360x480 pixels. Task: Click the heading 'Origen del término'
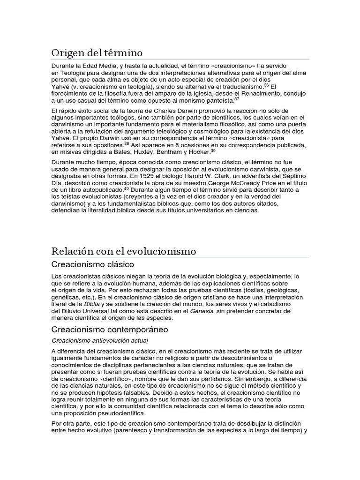(97, 52)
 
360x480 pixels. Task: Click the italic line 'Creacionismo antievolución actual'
(102, 340)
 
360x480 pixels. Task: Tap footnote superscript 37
(237, 98)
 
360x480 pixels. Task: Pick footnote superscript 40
(126, 187)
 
